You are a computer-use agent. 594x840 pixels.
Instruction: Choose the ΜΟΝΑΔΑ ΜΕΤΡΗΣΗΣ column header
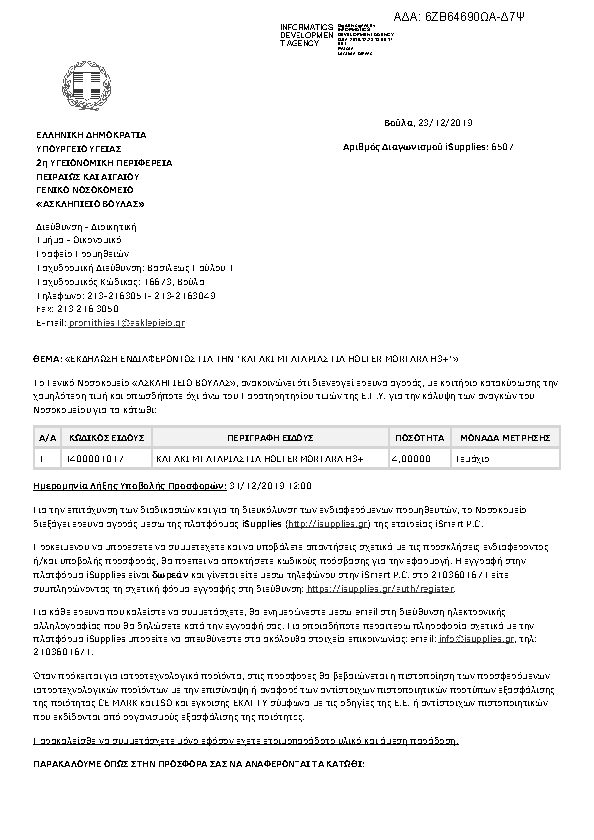[506, 437]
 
